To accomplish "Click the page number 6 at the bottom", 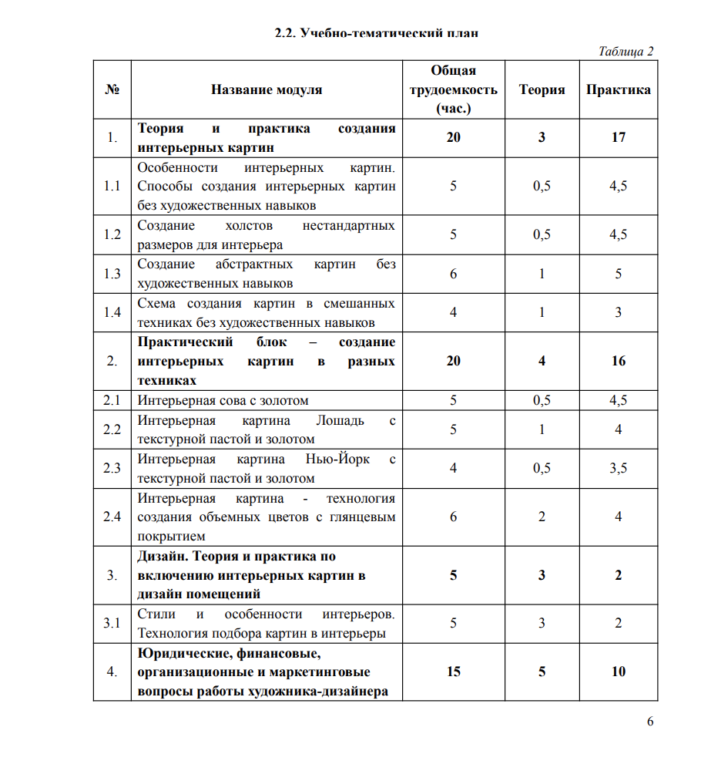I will (650, 722).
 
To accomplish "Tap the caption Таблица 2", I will (626, 51).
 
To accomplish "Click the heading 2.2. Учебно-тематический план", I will (377, 32).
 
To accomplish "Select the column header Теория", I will (542, 89).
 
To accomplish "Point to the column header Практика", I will (618, 89).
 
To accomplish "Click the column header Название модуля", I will (267, 89).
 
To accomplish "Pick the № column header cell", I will (112, 89).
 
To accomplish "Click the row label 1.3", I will (112, 274).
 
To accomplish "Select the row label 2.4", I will (112, 517).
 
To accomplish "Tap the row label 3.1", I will (112, 624).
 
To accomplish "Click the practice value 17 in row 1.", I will (618, 137).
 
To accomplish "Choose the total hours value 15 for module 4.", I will (453, 672).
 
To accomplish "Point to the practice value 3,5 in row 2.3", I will (618, 468).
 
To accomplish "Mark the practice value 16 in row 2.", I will (618, 361).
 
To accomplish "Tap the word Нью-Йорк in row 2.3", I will (337, 459).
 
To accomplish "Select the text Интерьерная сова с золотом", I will (223, 400).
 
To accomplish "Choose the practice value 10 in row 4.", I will (618, 672).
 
